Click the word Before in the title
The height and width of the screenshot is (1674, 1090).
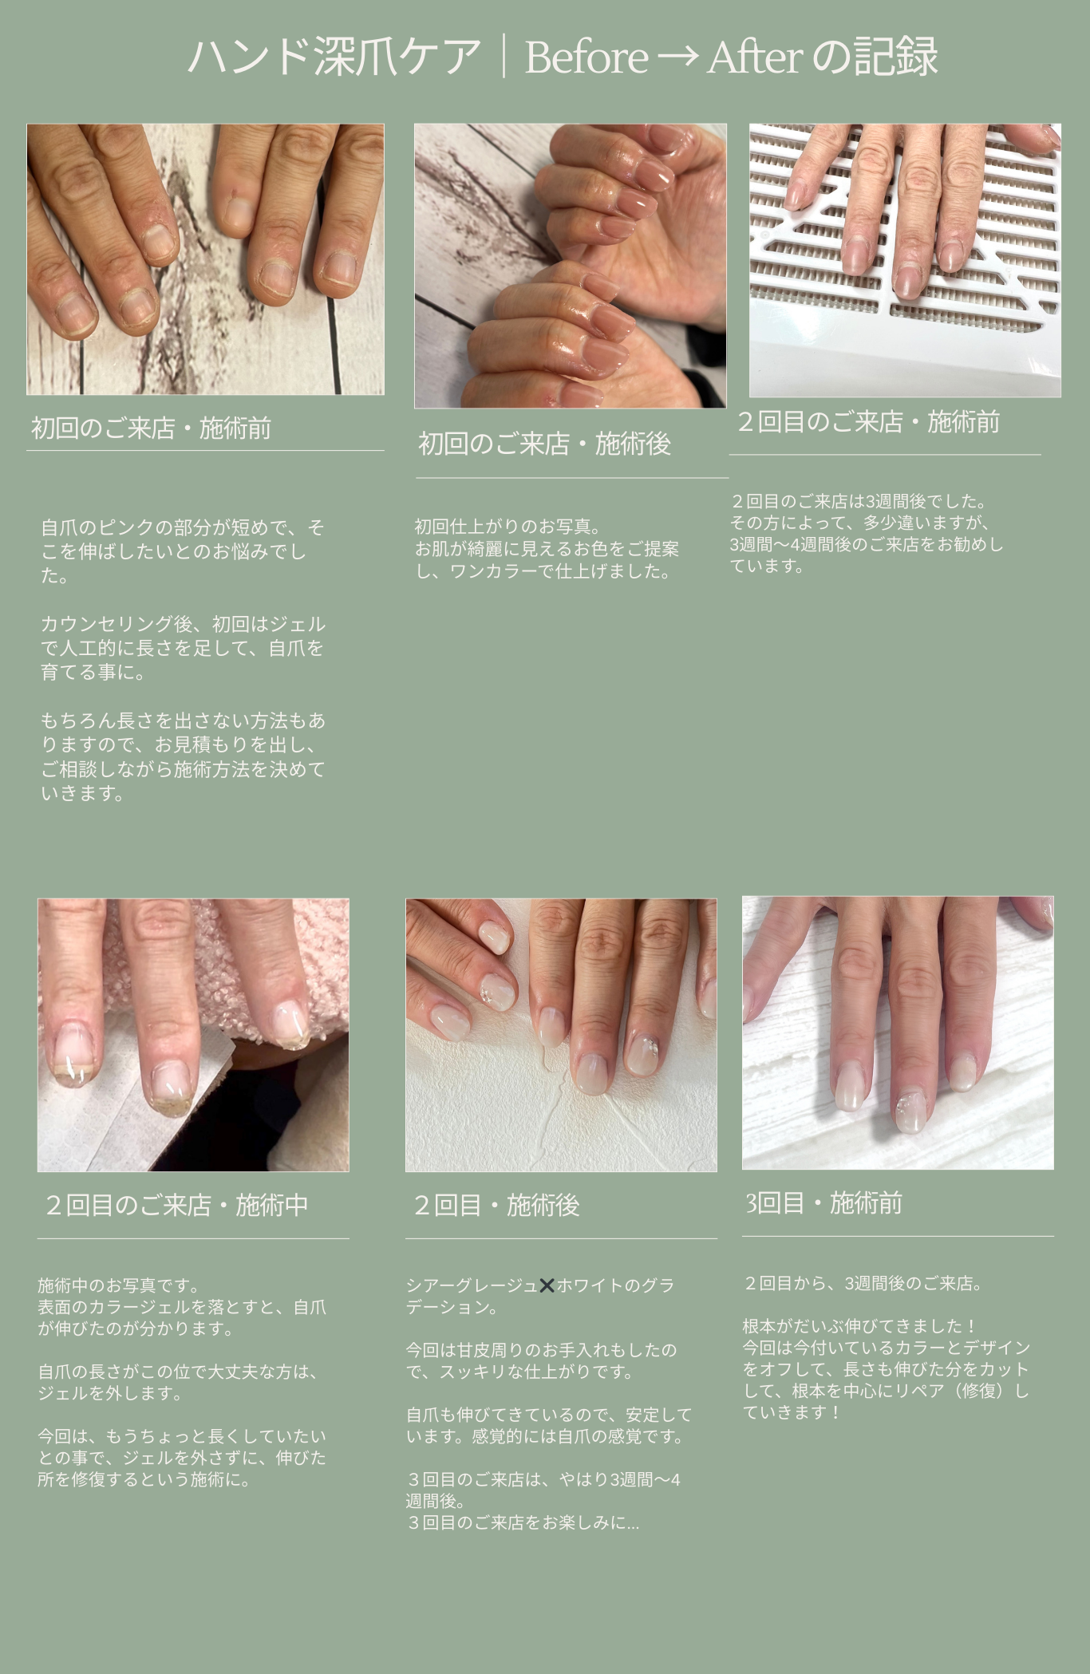586,57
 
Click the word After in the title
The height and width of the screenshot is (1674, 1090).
755,57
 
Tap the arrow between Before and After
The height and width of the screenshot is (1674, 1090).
678,58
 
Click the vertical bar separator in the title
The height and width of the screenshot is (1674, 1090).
504,57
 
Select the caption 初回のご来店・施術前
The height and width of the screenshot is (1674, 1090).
151,428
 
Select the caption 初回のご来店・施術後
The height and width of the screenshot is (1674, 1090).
544,444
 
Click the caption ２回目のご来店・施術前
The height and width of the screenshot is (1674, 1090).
867,422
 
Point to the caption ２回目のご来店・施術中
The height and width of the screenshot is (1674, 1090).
176,1205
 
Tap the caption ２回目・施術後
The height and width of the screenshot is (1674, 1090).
496,1205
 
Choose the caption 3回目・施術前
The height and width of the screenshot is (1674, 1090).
823,1202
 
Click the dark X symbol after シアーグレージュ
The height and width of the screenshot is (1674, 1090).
547,1285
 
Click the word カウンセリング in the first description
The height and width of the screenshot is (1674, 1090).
107,624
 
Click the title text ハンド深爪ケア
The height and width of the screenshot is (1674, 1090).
334,57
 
